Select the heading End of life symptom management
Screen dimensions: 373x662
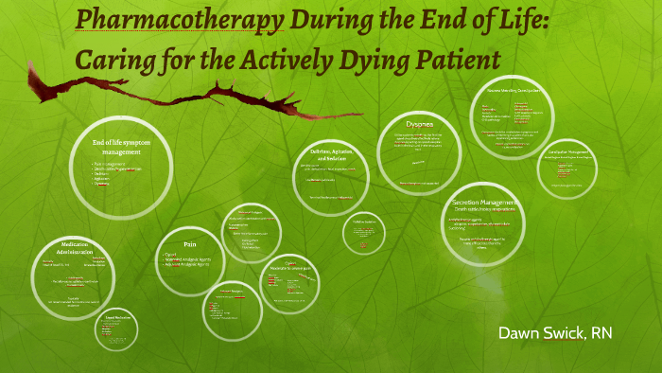[x=122, y=147]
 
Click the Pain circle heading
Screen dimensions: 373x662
[x=189, y=243]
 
